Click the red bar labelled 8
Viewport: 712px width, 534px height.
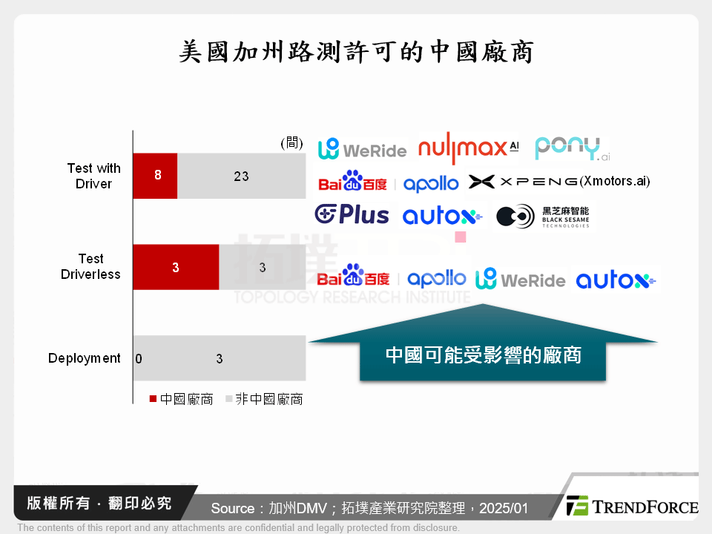tap(155, 177)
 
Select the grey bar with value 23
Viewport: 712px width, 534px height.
tap(241, 177)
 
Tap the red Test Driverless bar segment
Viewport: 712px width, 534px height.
tap(176, 267)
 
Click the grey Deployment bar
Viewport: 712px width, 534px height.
tap(220, 358)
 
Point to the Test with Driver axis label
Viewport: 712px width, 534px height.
tap(93, 177)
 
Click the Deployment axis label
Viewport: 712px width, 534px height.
tap(85, 358)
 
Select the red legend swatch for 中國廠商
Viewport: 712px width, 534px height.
tap(153, 399)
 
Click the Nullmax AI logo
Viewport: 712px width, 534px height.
tap(468, 148)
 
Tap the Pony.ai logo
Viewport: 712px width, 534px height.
tap(572, 148)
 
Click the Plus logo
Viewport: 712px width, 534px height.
tap(352, 215)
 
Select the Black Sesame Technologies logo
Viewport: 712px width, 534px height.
tap(543, 216)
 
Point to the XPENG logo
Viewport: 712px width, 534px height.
tap(523, 182)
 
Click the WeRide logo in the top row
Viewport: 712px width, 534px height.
tap(362, 149)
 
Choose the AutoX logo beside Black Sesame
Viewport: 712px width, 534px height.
tap(442, 217)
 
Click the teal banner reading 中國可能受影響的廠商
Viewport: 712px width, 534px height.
tap(483, 355)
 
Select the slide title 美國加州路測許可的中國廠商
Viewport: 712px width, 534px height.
tap(356, 51)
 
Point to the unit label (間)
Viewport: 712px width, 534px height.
tap(291, 142)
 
